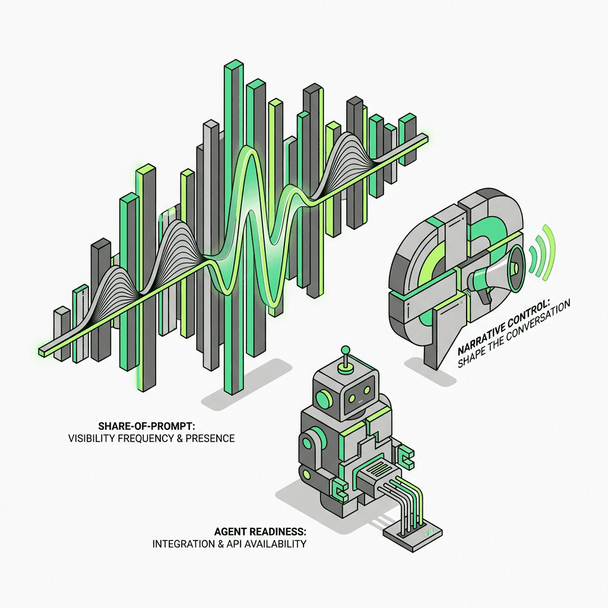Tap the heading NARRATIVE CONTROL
coord(503,327)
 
